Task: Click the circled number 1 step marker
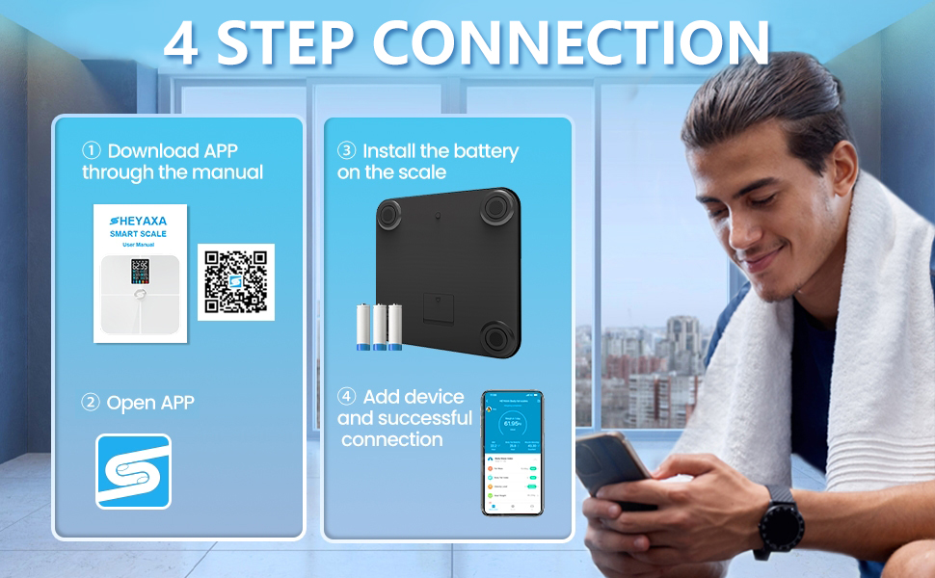click(x=92, y=151)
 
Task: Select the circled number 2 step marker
click(x=91, y=403)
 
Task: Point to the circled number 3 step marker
click(x=347, y=151)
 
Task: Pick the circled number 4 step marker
click(x=347, y=397)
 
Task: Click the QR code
click(x=236, y=282)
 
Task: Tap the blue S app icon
click(x=133, y=471)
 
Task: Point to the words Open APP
click(x=150, y=403)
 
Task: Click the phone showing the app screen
click(x=512, y=453)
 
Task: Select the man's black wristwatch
click(x=779, y=519)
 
